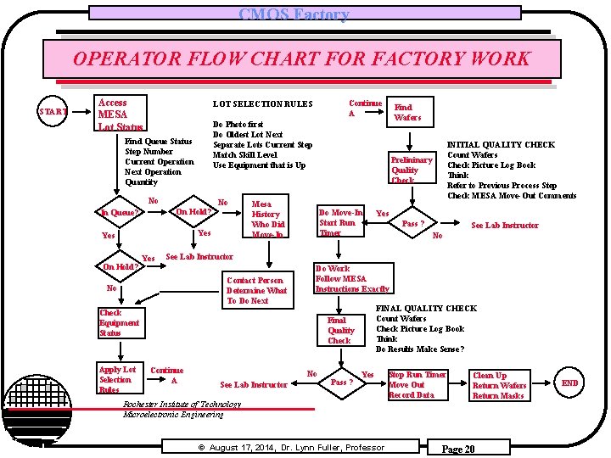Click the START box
(53, 111)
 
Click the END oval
(570, 383)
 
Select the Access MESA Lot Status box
(121, 114)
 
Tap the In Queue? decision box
(120, 213)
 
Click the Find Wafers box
(407, 112)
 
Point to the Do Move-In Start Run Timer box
(341, 222)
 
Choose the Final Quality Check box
(340, 330)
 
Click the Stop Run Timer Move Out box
(417, 385)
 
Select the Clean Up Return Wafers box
(499, 385)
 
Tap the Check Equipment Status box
(120, 322)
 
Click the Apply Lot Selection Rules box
(117, 379)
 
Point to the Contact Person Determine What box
(257, 290)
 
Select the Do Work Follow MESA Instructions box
(351, 279)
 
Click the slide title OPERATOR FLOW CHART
(300, 59)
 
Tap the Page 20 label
(457, 449)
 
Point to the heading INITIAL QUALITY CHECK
(501, 145)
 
